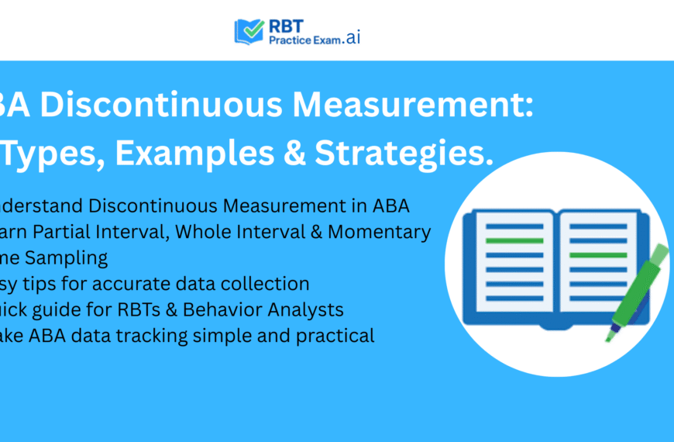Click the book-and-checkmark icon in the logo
[249, 31]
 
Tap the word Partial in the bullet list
[74, 232]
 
